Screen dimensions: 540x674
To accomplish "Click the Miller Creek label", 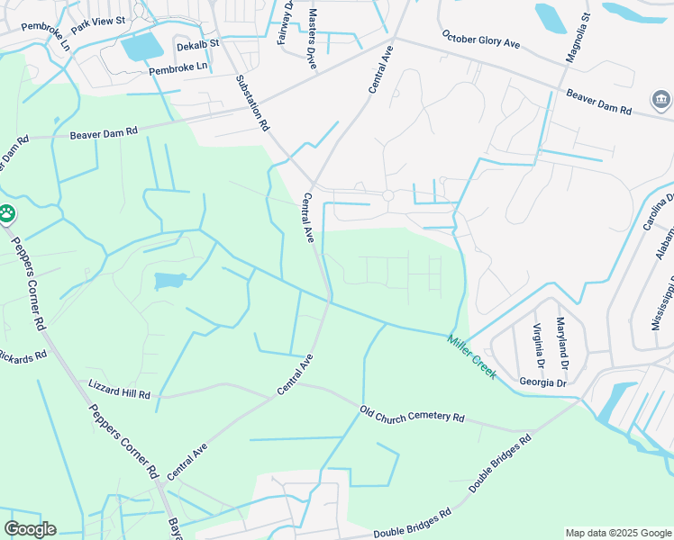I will [x=471, y=356].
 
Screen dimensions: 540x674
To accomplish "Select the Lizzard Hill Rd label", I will [x=119, y=389].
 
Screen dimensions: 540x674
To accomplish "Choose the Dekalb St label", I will [x=197, y=45].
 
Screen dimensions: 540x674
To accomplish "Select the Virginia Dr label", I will [x=538, y=346].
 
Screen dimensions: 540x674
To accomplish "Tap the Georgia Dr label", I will [x=542, y=382].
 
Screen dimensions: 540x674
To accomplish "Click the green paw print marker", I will [x=7, y=214].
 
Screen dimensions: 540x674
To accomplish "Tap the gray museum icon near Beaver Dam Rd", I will [x=660, y=98].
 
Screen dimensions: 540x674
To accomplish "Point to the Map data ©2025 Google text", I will [x=617, y=533].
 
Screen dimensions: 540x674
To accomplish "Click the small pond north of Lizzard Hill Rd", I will [x=169, y=282].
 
